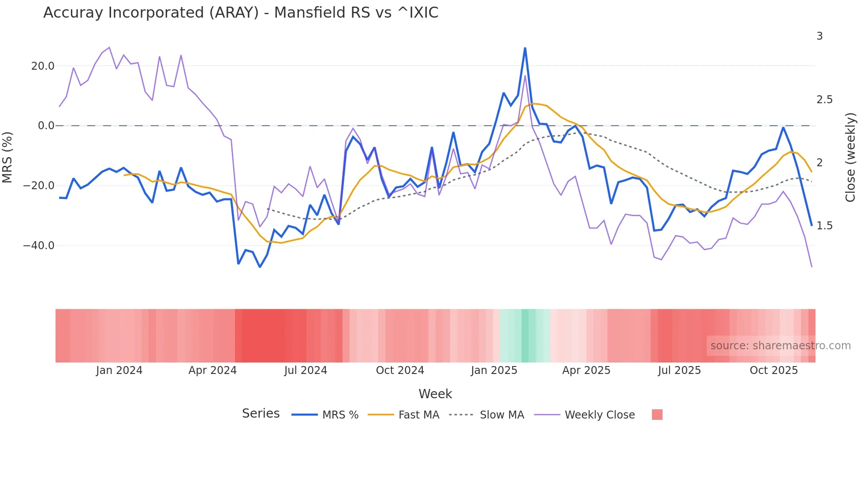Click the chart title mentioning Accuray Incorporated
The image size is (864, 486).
click(x=241, y=13)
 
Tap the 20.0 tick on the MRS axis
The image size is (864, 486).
click(x=43, y=66)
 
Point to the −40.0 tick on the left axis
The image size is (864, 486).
click(x=39, y=246)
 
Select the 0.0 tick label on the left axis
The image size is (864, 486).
click(x=46, y=126)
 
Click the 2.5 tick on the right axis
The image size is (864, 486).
click(x=824, y=100)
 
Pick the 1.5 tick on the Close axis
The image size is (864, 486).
click(x=824, y=226)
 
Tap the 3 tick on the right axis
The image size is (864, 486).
click(x=819, y=36)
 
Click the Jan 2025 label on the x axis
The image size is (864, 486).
click(x=494, y=370)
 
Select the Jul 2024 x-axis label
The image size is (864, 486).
click(x=305, y=370)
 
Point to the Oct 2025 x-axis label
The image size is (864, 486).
click(x=774, y=370)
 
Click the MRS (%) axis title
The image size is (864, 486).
click(x=7, y=157)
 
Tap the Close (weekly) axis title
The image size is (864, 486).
click(x=850, y=157)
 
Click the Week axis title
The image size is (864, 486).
click(x=435, y=394)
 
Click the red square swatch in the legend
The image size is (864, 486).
click(x=657, y=415)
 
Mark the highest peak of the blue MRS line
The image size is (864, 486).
click(x=525, y=48)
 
